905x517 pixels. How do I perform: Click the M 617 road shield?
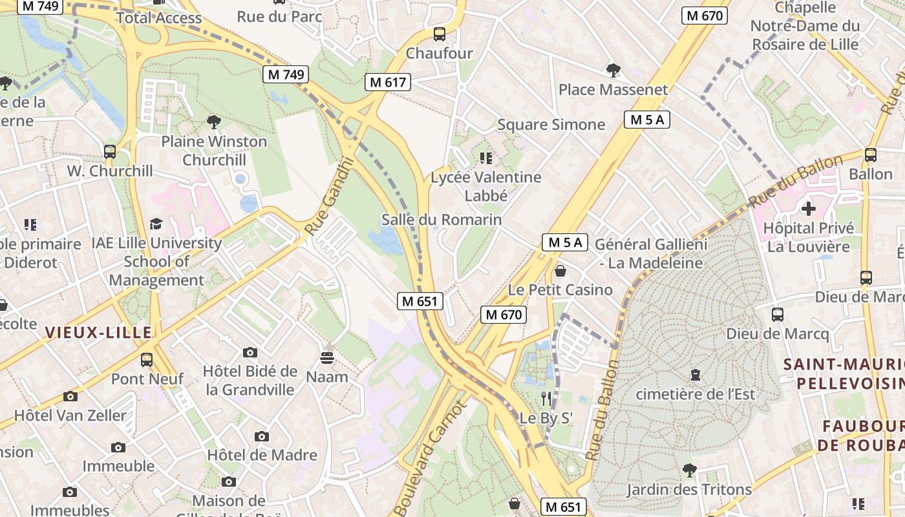point(388,82)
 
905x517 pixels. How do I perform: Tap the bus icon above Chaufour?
point(440,34)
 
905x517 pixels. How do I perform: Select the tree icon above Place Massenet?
point(613,70)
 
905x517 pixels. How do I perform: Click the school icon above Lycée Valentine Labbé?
point(486,158)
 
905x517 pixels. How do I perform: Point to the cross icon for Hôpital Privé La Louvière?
point(808,209)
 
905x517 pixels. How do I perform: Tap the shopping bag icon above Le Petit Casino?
point(560,271)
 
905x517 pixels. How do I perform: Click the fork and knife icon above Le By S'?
point(546,399)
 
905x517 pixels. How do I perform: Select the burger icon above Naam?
point(326,357)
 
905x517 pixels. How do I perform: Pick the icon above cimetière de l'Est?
point(695,375)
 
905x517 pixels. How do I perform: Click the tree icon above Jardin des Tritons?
point(689,470)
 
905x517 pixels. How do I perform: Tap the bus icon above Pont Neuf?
point(147,359)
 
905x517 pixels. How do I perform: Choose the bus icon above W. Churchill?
point(110,152)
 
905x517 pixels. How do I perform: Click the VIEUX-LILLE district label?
point(98,333)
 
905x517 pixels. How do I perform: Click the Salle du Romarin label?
point(442,220)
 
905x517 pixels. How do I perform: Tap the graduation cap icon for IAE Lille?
point(156,224)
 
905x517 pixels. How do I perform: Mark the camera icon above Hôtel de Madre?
point(262,436)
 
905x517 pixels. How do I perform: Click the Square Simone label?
point(551,125)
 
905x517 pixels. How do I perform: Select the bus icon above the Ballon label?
point(870,155)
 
